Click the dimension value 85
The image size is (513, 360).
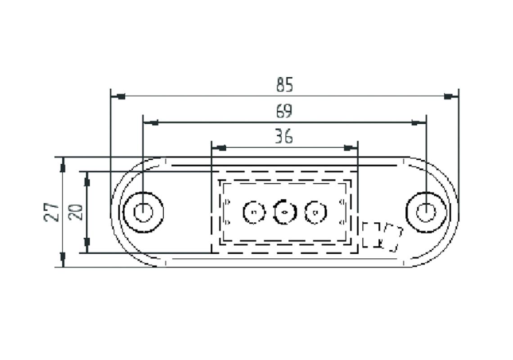(284, 85)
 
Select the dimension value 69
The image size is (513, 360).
(284, 111)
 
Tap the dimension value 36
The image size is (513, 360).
(284, 136)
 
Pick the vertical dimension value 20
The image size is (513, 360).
(77, 212)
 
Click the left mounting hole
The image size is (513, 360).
(143, 212)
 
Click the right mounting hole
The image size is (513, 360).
(425, 212)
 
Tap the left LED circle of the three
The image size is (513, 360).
(254, 212)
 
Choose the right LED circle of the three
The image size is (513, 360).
(315, 212)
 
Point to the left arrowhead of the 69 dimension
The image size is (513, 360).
(152, 122)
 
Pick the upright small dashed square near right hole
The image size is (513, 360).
(371, 235)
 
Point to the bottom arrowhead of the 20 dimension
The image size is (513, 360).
(87, 246)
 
